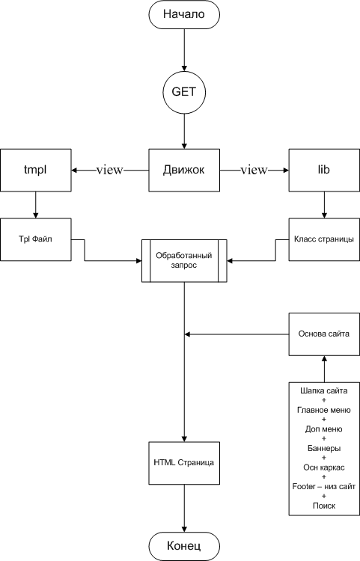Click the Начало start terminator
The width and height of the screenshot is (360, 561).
pyautogui.click(x=184, y=14)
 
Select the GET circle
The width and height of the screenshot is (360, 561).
pyautogui.click(x=184, y=92)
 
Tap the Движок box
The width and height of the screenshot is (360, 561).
pyautogui.click(x=184, y=170)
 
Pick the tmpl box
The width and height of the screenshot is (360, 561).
pyautogui.click(x=35, y=170)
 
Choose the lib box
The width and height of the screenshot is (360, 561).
pyautogui.click(x=324, y=170)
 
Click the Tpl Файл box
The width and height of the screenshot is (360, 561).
pyautogui.click(x=35, y=239)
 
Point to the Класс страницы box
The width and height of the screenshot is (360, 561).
pyautogui.click(x=324, y=239)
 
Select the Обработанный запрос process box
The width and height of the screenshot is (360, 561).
pyautogui.click(x=184, y=261)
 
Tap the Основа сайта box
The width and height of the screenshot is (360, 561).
pyautogui.click(x=324, y=334)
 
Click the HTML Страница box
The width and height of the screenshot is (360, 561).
pyautogui.click(x=184, y=463)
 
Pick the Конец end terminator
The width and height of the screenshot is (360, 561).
pyautogui.click(x=184, y=546)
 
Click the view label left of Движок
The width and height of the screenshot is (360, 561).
pyautogui.click(x=109, y=170)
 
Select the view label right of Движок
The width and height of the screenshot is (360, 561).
pyautogui.click(x=254, y=170)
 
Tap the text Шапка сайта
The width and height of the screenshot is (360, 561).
pyautogui.click(x=324, y=390)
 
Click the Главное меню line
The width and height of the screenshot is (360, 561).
pyautogui.click(x=324, y=410)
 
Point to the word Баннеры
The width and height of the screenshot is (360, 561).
pyautogui.click(x=324, y=448)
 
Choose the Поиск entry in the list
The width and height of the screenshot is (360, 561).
pyautogui.click(x=324, y=506)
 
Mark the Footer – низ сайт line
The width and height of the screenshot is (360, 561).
pyautogui.click(x=324, y=487)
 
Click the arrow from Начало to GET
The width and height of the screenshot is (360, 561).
pyautogui.click(x=184, y=49)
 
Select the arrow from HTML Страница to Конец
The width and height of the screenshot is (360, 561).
pyautogui.click(x=184, y=508)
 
